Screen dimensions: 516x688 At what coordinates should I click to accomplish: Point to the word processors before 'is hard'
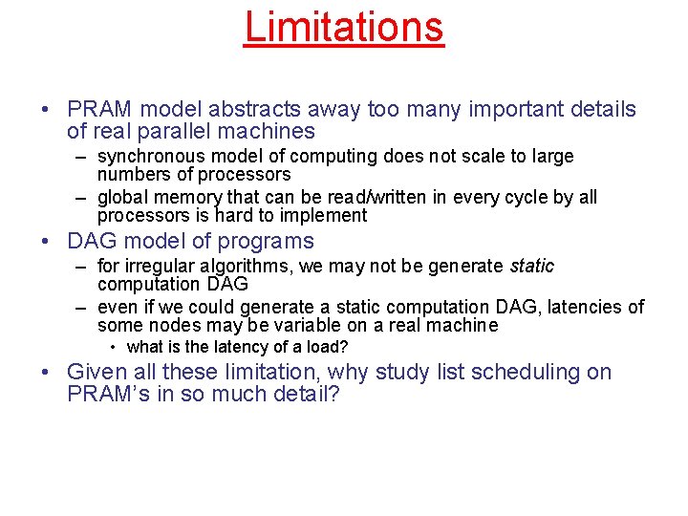[x=140, y=216]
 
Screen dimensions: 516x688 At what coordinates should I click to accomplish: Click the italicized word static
[x=531, y=266]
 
